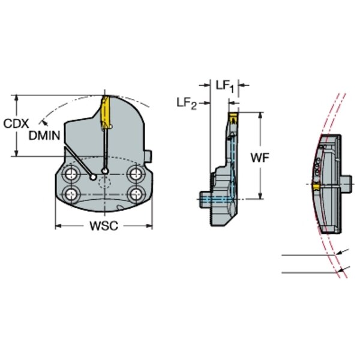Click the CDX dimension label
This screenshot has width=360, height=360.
click(16, 124)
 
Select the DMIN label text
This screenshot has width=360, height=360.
click(44, 136)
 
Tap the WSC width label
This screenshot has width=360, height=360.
click(104, 226)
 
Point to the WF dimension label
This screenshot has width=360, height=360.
click(259, 157)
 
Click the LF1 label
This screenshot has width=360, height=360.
click(225, 86)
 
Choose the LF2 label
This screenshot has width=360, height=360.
click(187, 103)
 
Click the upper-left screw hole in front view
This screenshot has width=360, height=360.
click(70, 174)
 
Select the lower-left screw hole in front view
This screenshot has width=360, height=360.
click(71, 194)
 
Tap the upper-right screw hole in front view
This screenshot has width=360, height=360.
click(136, 174)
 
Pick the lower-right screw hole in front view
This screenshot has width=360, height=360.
click(136, 194)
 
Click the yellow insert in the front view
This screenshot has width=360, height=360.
click(106, 112)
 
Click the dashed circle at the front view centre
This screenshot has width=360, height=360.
click(104, 183)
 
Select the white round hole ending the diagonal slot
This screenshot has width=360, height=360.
click(93, 177)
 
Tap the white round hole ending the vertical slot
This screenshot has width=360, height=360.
click(105, 171)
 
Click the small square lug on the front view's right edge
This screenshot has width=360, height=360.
click(148, 157)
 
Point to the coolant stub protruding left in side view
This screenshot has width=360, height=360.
click(205, 200)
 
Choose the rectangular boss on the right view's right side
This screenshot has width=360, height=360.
click(347, 184)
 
